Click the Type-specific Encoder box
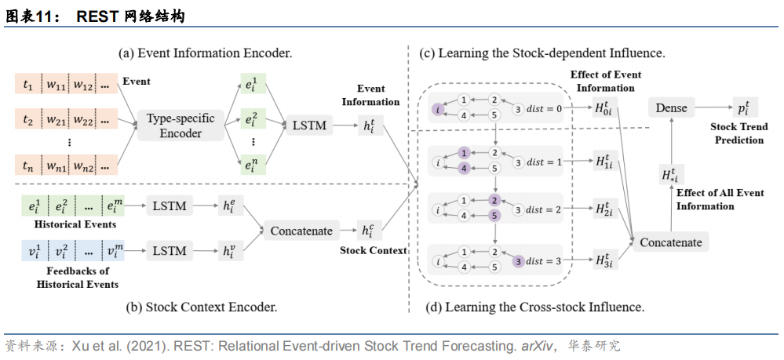[181, 125]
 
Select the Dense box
[671, 107]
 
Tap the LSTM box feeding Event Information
[308, 125]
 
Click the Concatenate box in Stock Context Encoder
[301, 231]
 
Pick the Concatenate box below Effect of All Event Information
[671, 242]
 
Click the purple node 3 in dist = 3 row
[518, 260]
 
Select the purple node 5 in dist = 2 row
[494, 216]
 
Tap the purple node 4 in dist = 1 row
[465, 169]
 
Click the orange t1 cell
[28, 85]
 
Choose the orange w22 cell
[82, 122]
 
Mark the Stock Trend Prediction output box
[745, 107]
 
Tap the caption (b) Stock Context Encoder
[201, 307]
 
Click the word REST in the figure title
[97, 17]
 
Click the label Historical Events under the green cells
[75, 224]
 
